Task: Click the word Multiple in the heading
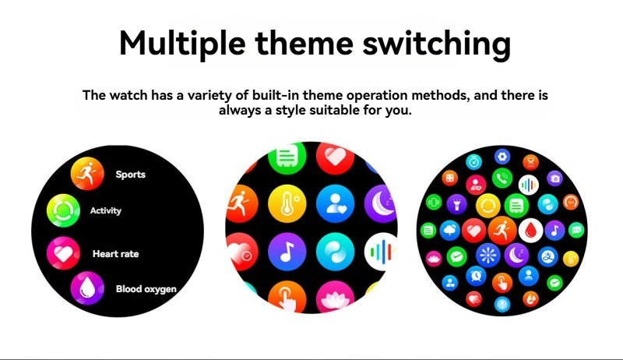[182, 43]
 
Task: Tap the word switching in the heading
[437, 44]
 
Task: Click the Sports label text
[130, 175]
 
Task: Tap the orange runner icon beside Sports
[87, 174]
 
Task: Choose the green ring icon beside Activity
[63, 210]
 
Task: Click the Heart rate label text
[115, 254]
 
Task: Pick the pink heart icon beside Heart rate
[63, 253]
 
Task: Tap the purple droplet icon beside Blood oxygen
[87, 288]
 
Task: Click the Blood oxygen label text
[146, 289]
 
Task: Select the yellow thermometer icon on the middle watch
[287, 203]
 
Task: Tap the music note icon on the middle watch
[287, 252]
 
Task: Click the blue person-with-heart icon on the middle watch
[336, 203]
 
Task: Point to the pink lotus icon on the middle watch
[336, 297]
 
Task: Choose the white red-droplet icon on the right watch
[531, 231]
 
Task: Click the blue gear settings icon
[502, 157]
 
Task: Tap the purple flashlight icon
[457, 204]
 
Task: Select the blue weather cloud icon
[450, 230]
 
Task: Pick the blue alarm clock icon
[476, 275]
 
